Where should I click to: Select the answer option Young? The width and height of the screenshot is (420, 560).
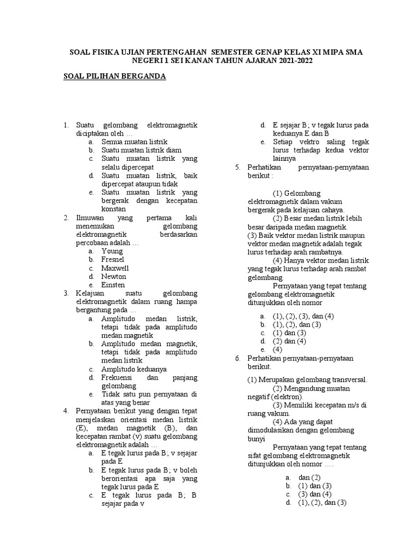112,251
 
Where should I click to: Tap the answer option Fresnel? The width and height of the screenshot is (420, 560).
113,260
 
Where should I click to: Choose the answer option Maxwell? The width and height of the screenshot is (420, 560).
115,268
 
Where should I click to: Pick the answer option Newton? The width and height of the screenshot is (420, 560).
114,277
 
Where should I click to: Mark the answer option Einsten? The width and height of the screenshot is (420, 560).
113,285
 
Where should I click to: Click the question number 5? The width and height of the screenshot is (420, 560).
237,167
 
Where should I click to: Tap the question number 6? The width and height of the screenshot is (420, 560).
237,358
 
